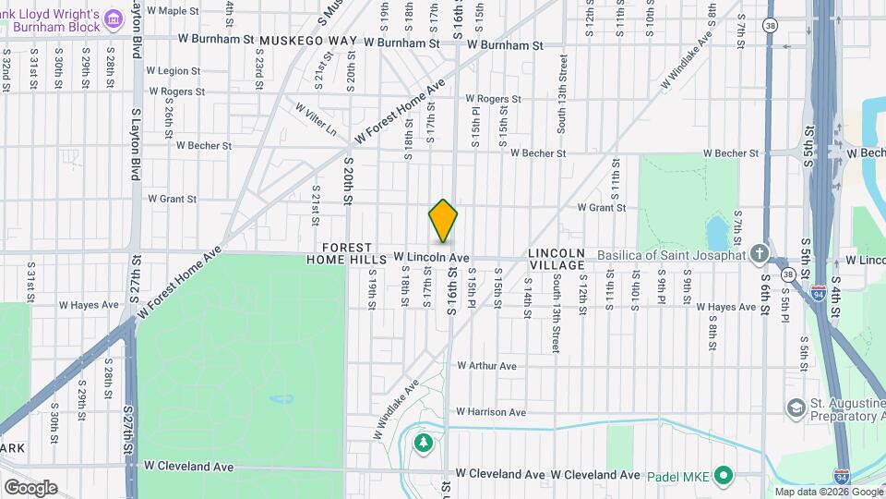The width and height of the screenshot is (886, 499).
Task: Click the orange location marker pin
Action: (443, 221)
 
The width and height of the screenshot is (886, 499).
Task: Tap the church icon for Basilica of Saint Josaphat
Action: (759, 254)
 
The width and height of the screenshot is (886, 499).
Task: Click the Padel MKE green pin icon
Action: (724, 475)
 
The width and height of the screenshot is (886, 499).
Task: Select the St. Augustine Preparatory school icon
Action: (795, 408)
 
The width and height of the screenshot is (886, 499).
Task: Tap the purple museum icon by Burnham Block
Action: (114, 18)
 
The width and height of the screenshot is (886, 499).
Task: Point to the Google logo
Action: (30, 487)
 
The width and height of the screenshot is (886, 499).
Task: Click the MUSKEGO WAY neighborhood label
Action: (308, 42)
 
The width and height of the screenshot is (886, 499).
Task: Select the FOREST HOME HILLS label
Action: (341, 254)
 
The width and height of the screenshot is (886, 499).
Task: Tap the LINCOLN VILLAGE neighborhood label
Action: (557, 259)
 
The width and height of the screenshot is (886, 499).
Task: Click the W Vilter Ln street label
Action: (316, 120)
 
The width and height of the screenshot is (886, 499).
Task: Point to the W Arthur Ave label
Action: (486, 366)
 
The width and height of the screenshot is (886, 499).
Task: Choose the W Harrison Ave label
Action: (490, 412)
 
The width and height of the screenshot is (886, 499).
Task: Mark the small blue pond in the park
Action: (715, 230)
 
